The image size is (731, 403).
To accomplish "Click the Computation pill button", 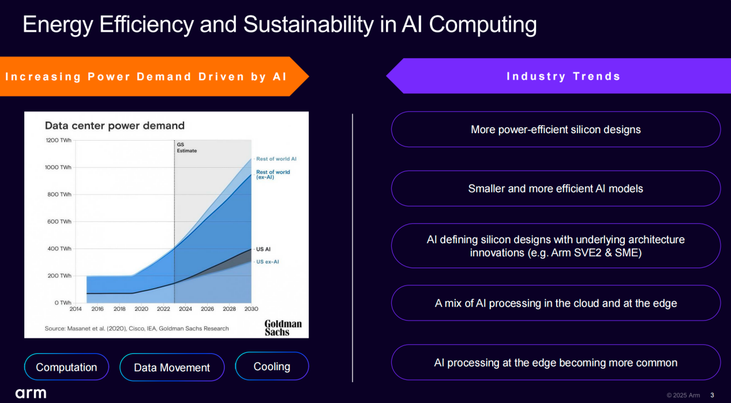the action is (66, 367).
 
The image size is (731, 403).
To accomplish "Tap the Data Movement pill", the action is (172, 367).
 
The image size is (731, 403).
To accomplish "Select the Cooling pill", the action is (272, 366).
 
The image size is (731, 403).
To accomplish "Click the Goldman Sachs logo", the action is (283, 327).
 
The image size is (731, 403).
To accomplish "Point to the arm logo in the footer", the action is (31, 393).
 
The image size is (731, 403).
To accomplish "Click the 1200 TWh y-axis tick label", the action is (58, 140).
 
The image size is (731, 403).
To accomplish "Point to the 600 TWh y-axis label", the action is (59, 221).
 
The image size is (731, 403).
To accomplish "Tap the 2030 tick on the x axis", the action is (252, 309).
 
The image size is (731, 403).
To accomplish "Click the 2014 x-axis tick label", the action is (76, 309).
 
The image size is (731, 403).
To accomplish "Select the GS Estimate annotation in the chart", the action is (187, 148).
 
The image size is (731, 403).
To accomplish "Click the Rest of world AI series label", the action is (276, 159).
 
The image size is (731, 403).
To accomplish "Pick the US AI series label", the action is (263, 249).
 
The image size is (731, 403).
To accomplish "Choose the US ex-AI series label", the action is (267, 262).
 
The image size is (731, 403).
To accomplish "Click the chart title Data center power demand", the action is (115, 126).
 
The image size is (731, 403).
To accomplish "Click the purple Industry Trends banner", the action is (558, 76).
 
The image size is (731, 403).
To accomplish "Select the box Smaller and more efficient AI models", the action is (556, 189).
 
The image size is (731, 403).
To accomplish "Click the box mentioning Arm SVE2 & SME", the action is (556, 246).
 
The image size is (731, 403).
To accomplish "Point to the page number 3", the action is (712, 395).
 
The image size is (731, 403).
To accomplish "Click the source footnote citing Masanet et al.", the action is (137, 328).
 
